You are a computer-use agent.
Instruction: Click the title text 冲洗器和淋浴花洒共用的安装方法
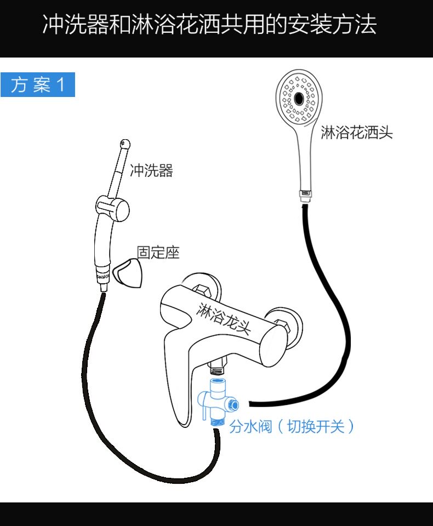(x=209, y=25)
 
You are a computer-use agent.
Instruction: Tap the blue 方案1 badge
(x=37, y=85)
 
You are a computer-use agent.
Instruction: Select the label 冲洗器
(x=151, y=171)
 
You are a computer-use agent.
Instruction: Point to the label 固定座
(x=158, y=253)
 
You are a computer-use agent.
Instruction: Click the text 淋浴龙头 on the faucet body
(x=224, y=318)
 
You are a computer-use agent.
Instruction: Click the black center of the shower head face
(x=300, y=99)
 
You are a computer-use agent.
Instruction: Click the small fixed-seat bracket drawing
(x=128, y=272)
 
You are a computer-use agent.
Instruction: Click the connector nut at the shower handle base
(x=305, y=195)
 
